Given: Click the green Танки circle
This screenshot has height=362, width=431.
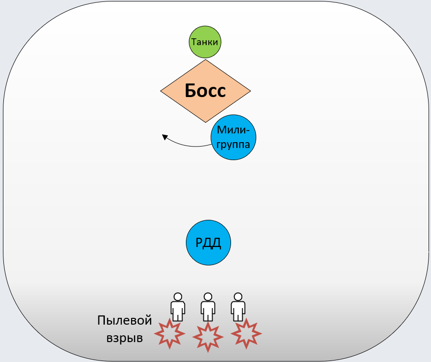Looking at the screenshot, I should tap(205, 42).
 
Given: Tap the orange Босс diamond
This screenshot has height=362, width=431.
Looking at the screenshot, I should tap(206, 91).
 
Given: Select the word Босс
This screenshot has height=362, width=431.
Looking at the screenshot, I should tap(205, 91).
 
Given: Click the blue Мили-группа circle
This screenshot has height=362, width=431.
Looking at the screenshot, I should tap(233, 137).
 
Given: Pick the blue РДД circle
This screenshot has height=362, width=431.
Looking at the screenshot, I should tap(208, 243).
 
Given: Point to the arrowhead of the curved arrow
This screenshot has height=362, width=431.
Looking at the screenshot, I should tap(165, 137).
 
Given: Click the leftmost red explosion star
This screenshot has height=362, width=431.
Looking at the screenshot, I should tap(169, 334).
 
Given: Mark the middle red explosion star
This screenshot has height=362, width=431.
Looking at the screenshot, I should tap(208, 336).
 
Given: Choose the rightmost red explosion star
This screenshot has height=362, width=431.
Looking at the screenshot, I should tap(247, 333).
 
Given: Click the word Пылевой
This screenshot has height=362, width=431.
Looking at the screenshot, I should tap(125, 321).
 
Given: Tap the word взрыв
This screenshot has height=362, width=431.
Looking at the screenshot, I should tap(125, 338).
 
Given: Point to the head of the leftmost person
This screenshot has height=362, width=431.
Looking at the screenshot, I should tap(178, 296).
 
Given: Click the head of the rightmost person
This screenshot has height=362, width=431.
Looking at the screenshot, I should tap(238, 296).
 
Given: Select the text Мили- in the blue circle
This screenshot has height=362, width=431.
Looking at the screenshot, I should tap(233, 130).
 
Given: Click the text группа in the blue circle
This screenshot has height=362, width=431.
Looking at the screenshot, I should tap(233, 144).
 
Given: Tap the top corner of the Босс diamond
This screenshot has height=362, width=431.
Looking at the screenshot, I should tap(206, 60).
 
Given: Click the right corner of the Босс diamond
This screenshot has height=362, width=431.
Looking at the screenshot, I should tap(250, 91).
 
